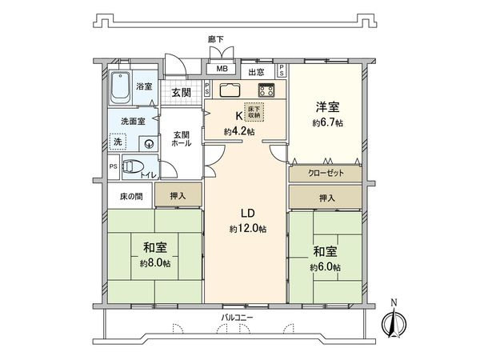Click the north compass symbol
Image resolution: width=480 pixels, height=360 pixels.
pyautogui.click(x=393, y=322)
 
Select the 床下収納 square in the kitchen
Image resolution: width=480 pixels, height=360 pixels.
pyautogui.click(x=253, y=114)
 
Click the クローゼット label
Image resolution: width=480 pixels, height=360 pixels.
pyautogui.click(x=325, y=172)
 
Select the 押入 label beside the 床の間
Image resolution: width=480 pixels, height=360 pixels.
pyautogui.click(x=178, y=195)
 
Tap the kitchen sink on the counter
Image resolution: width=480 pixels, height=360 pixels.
pyautogui.click(x=227, y=89)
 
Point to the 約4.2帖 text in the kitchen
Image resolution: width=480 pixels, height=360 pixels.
pyautogui.click(x=239, y=131)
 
